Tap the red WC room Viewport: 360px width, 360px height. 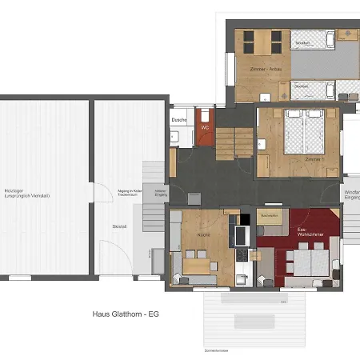point(205,131)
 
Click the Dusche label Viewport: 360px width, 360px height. point(178,120)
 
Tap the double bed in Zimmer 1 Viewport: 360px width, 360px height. point(305,133)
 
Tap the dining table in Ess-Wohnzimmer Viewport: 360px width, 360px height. point(303,259)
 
